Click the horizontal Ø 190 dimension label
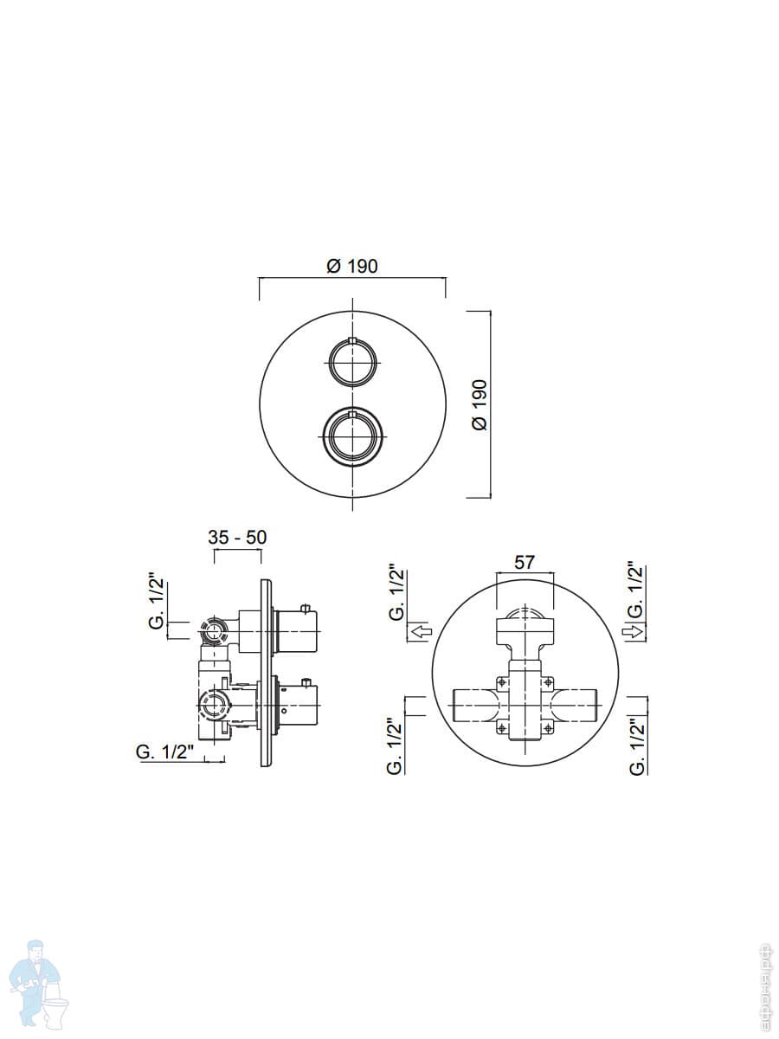[352, 267]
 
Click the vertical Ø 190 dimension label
[480, 404]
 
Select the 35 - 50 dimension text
[237, 538]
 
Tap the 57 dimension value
[524, 562]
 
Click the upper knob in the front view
[352, 363]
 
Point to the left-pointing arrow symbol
[421, 631]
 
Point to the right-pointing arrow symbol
[634, 631]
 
